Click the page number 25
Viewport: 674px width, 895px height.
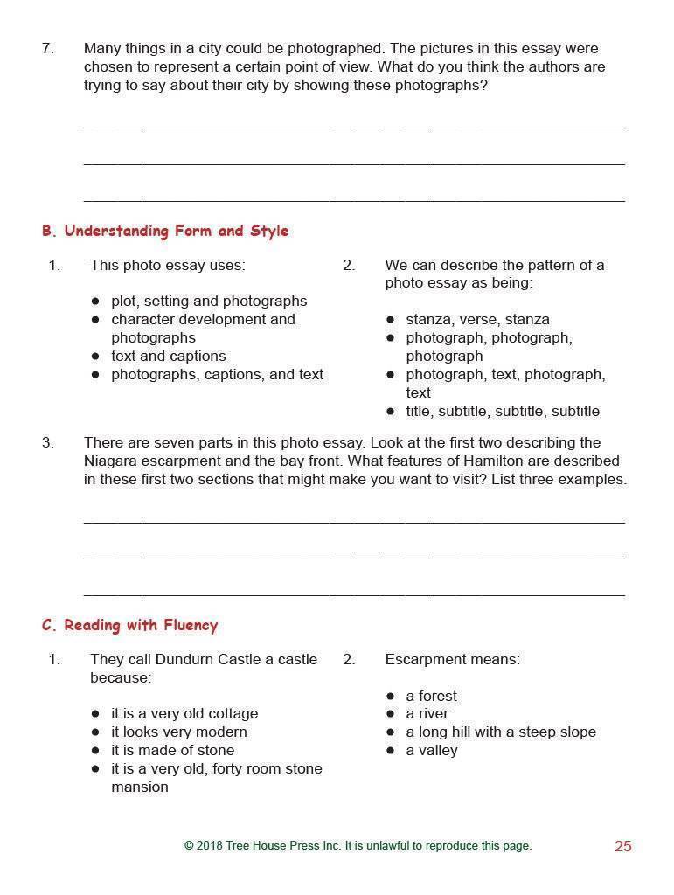click(x=622, y=846)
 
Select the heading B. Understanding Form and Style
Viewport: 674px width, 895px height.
click(x=164, y=232)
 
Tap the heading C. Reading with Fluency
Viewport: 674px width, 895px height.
click(x=129, y=626)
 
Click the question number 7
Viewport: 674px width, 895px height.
click(x=47, y=49)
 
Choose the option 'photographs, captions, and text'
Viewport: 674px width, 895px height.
click(x=217, y=375)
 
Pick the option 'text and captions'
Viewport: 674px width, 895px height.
click(x=168, y=357)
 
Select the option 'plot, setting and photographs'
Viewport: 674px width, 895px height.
click(x=208, y=302)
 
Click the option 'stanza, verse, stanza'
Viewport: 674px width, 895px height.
click(x=477, y=320)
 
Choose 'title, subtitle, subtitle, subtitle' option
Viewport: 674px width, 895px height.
click(x=502, y=412)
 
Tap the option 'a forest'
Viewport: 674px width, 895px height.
click(x=431, y=697)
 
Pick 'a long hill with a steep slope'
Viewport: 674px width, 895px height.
click(x=500, y=732)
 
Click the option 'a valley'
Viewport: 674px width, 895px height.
click(x=431, y=751)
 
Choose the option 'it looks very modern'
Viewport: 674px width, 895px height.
click(x=178, y=732)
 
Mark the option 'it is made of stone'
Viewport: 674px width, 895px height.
click(x=172, y=751)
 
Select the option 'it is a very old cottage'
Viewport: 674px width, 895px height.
click(x=184, y=714)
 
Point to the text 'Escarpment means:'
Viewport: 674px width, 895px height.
click(x=452, y=660)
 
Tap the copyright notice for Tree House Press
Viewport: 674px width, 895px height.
click(x=358, y=846)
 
